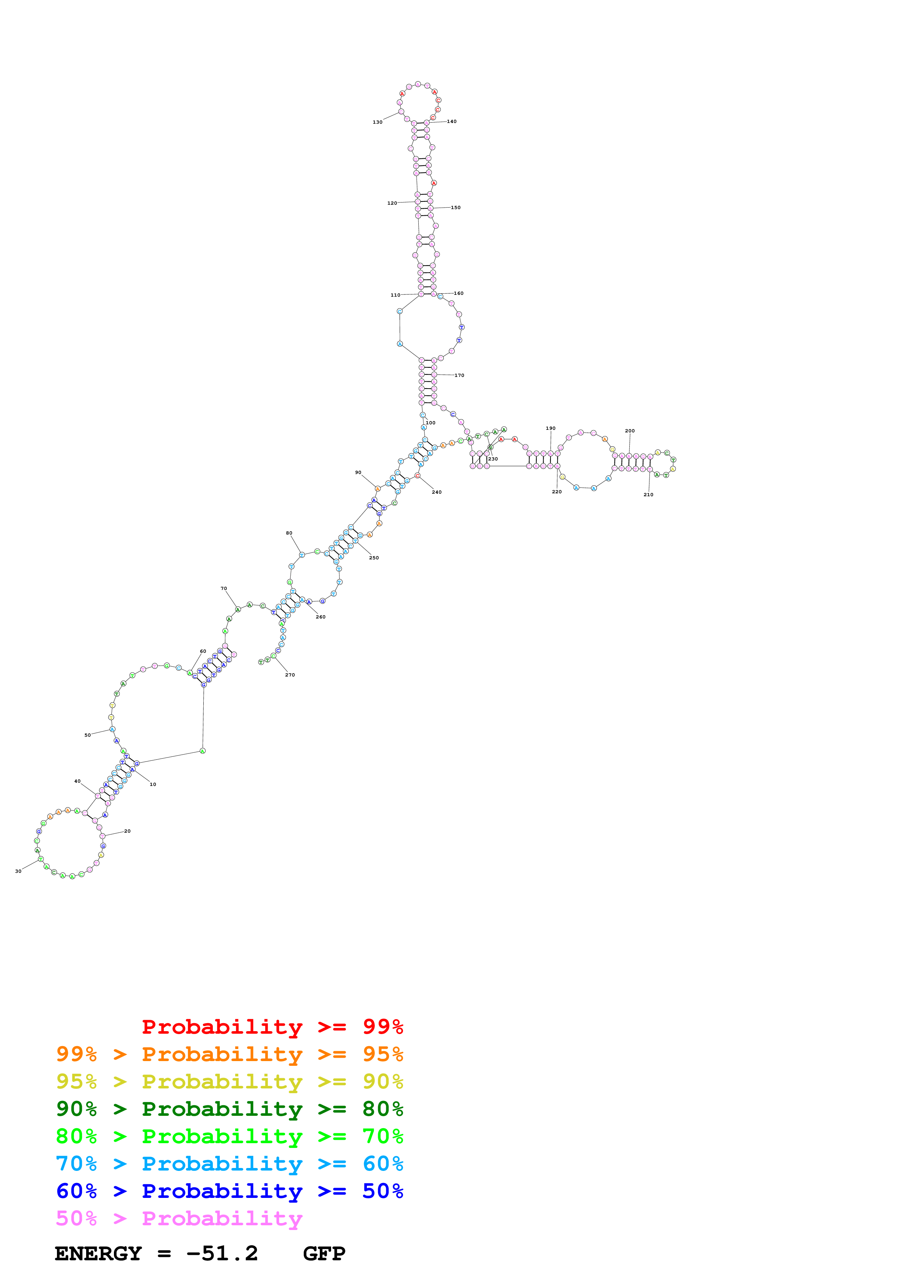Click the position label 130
coord(377,122)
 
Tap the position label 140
coord(452,122)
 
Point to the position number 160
coord(459,293)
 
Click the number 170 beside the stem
coord(459,375)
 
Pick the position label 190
coord(551,428)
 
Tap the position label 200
coord(629,431)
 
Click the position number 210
coord(648,494)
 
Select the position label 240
coord(437,492)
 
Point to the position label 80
coord(289,533)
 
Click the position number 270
coord(290,675)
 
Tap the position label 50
coord(88,735)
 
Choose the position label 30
coord(18,871)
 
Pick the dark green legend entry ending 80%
coord(229,1109)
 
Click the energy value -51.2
coord(222,1253)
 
